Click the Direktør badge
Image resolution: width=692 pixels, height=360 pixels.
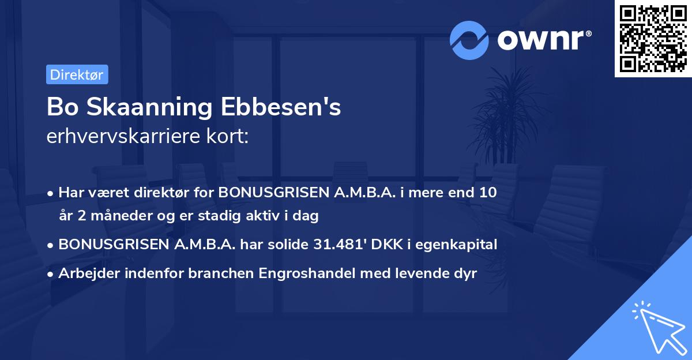77,74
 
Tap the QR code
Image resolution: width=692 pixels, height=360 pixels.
653,38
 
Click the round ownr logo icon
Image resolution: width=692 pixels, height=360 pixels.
469,40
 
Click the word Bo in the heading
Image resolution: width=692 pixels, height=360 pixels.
59,107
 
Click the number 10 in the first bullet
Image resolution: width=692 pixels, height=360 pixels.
488,193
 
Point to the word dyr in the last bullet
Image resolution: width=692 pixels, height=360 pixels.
465,273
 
